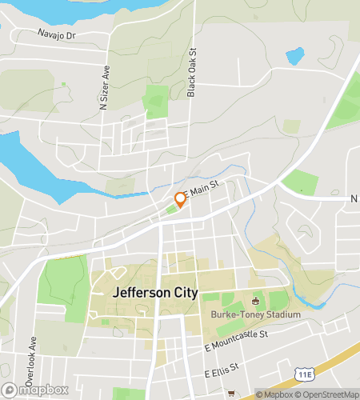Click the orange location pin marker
pos(180,199)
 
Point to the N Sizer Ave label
pos(104,87)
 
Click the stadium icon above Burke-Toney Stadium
pos(255,302)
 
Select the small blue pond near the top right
pos(295,56)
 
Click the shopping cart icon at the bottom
pos(231,393)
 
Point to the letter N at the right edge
pos(353,198)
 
